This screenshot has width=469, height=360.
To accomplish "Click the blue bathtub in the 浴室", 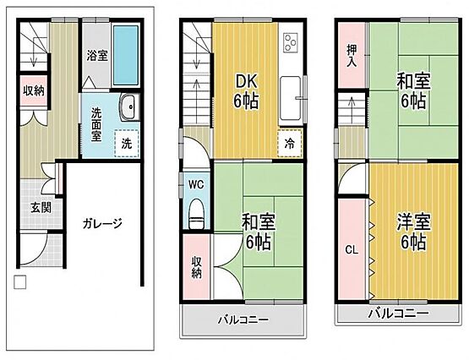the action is (126, 55).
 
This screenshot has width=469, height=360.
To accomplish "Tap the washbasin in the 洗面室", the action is (130, 106).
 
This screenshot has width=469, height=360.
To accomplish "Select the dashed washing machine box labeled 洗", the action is (127, 144).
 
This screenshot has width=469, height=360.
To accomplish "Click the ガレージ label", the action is (102, 224).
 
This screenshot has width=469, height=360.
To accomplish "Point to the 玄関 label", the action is (41, 208).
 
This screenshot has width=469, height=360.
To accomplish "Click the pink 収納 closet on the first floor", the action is (34, 90).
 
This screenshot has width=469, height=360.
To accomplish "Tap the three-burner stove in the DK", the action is (291, 42).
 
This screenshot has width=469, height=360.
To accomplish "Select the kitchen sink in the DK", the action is (290, 98).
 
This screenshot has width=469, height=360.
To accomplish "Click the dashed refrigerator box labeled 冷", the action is (289, 144).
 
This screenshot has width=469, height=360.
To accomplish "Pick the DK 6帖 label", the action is (246, 92).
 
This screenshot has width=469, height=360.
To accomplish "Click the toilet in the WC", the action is (197, 214).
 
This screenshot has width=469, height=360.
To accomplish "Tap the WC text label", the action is (196, 185).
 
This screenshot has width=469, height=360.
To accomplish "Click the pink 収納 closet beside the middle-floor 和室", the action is (196, 267).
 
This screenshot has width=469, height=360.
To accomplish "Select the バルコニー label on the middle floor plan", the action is (243, 320).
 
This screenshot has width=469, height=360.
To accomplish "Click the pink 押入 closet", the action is (352, 56).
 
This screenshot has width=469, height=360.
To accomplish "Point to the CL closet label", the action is (352, 250).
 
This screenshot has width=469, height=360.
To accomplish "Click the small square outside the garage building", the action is (20, 282).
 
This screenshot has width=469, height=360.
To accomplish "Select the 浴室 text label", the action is (97, 56).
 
